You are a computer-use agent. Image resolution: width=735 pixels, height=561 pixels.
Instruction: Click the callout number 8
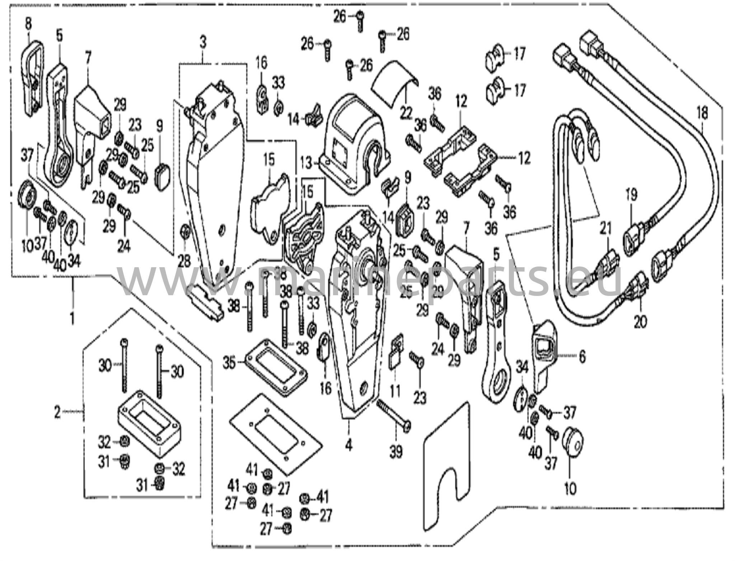pos(28,24)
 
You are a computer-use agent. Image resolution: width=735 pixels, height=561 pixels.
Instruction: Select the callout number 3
pos(203,43)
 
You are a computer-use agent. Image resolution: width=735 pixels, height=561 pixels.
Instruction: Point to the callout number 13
pos(306,164)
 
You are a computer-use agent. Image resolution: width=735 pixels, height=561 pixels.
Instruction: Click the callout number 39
pos(396,452)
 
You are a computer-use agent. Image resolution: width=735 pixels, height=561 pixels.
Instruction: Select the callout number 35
pos(229,363)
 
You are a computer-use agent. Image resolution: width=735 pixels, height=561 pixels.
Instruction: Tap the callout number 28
pos(184,261)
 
